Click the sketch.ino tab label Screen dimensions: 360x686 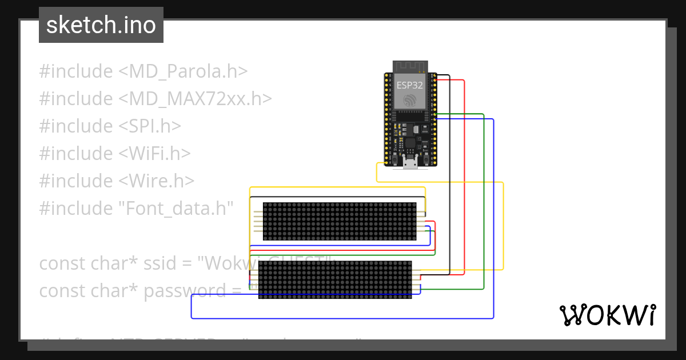point(101,25)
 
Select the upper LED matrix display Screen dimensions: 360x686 point(339,221)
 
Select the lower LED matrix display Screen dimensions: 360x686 point(335,280)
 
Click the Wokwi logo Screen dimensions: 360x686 point(607,315)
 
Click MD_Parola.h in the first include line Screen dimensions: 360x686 point(183,71)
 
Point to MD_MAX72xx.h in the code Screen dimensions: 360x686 point(195,99)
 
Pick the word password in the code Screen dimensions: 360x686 point(185,291)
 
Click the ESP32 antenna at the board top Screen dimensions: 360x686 point(409,66)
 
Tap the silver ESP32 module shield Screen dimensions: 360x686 point(410,91)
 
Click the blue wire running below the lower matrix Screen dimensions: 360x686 point(343,318)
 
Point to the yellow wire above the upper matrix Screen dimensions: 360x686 point(337,187)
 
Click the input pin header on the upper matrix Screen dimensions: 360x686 point(257,221)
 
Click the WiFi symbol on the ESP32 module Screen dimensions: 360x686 point(410,101)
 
